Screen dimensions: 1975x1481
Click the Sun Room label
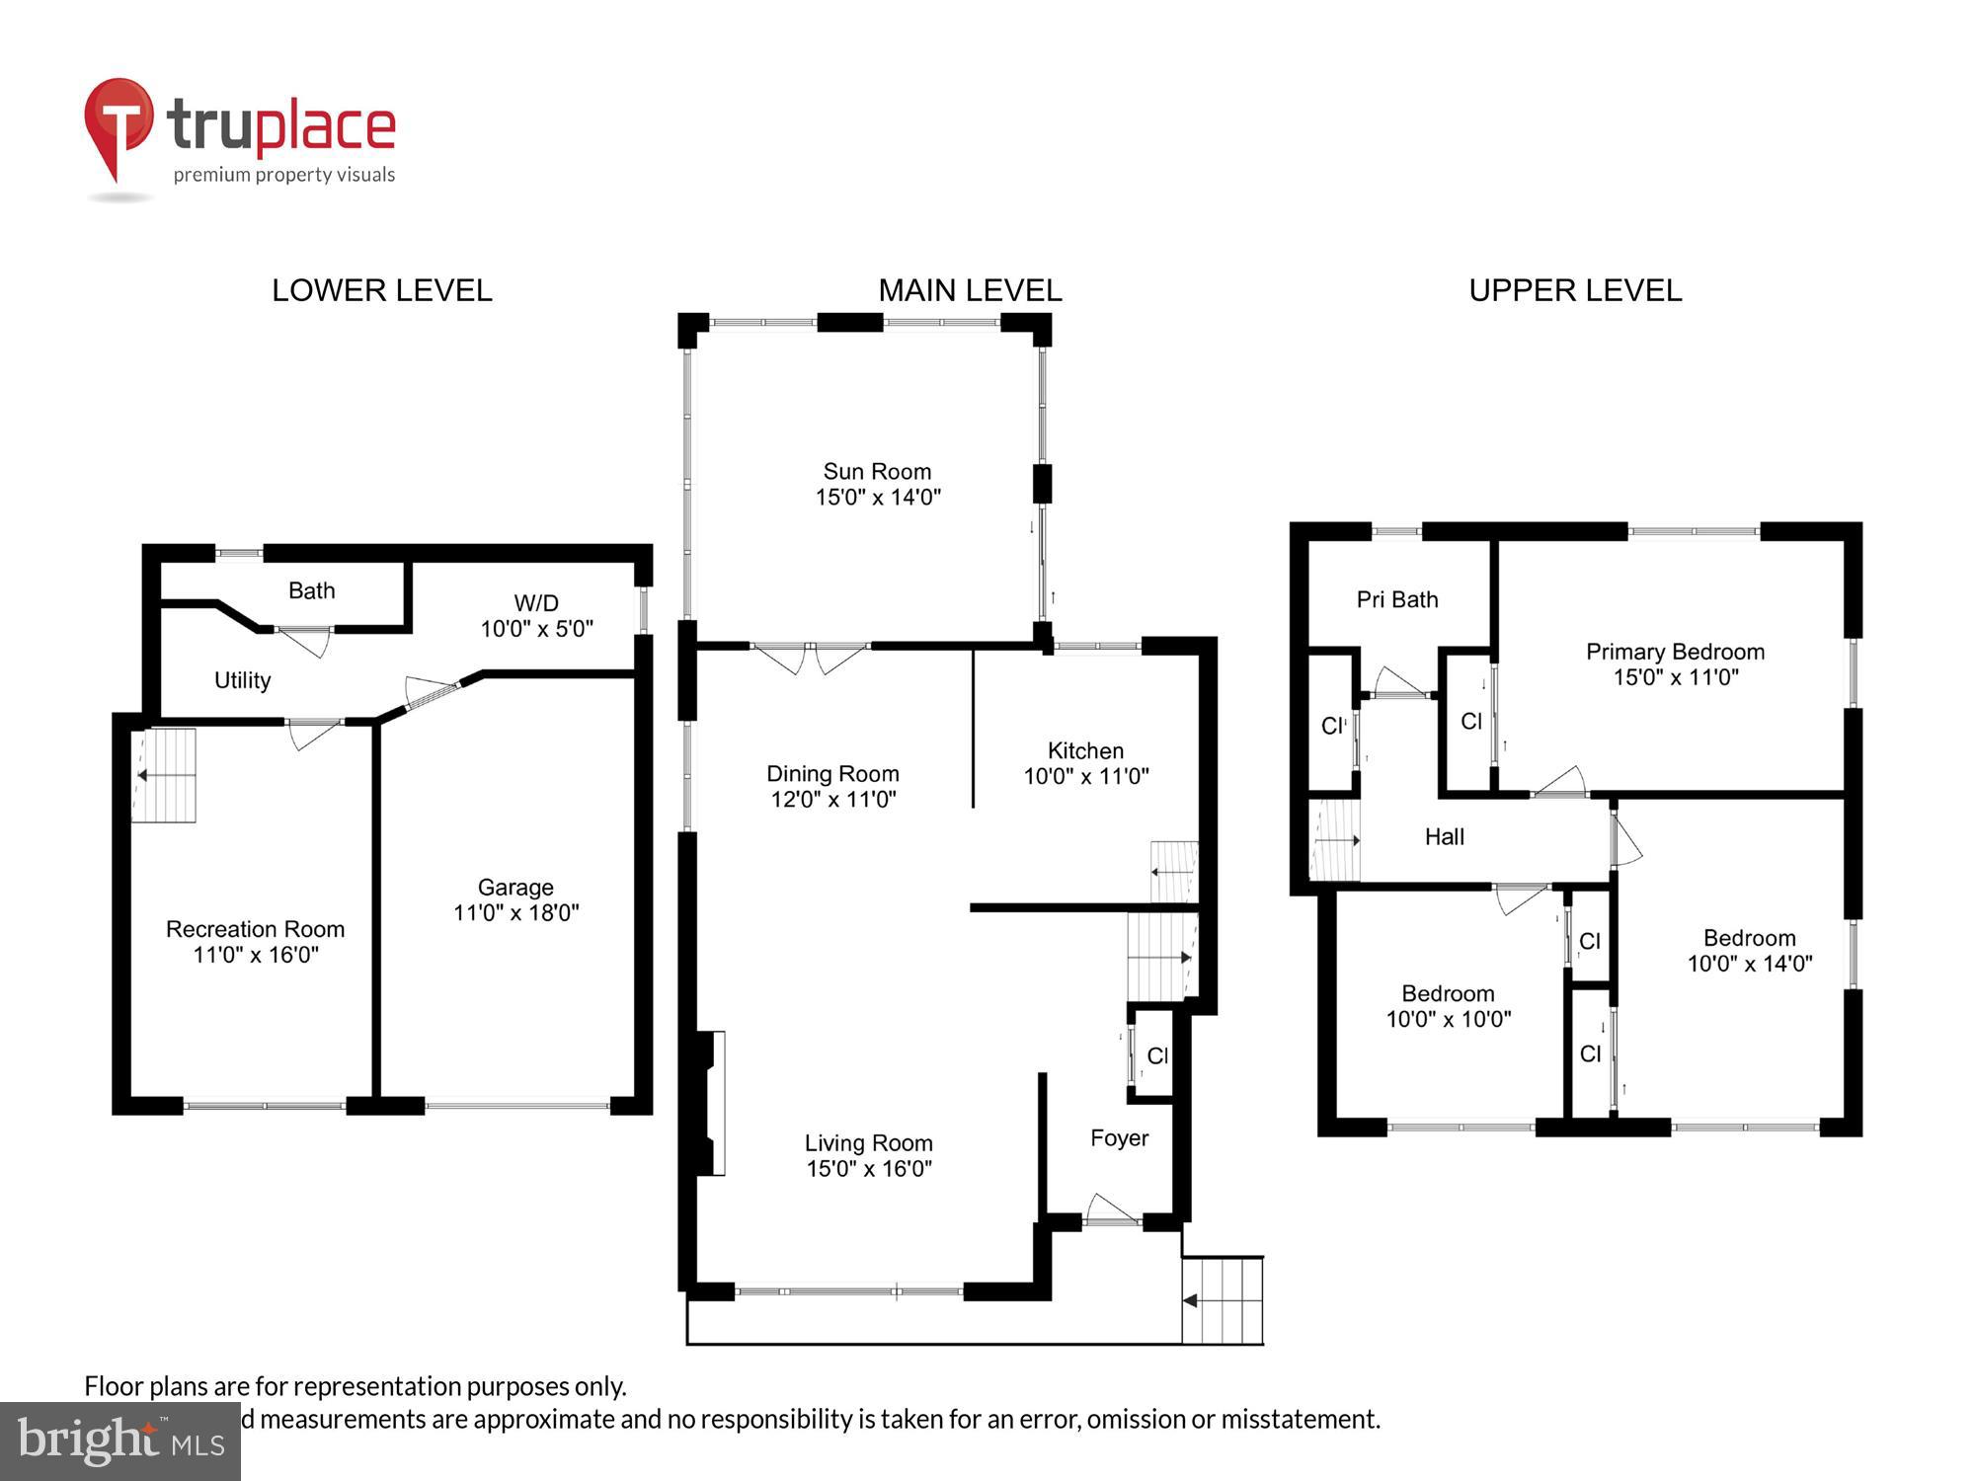tap(877, 472)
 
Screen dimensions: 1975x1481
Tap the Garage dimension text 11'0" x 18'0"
tap(516, 913)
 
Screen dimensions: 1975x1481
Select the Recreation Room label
tap(255, 929)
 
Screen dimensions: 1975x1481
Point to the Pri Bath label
tap(1397, 599)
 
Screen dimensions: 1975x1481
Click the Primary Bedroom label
tap(1675, 652)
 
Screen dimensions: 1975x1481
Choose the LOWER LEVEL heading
tap(382, 290)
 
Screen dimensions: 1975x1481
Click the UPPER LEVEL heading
tap(1575, 290)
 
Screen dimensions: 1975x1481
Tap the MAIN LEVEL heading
tap(970, 290)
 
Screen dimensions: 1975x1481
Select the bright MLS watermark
tap(120, 1442)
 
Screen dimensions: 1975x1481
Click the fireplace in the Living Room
tap(711, 1103)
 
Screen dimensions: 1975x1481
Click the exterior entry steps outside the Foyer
tap(1223, 1300)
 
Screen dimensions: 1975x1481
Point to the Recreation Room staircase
tap(164, 775)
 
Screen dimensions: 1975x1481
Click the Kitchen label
tap(1085, 750)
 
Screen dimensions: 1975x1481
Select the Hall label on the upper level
tap(1444, 837)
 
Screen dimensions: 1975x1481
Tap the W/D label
tap(536, 602)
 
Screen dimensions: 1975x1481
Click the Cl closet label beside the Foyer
tap(1157, 1055)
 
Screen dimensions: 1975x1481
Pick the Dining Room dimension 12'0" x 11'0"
tap(833, 799)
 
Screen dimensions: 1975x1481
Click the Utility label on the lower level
tap(242, 680)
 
